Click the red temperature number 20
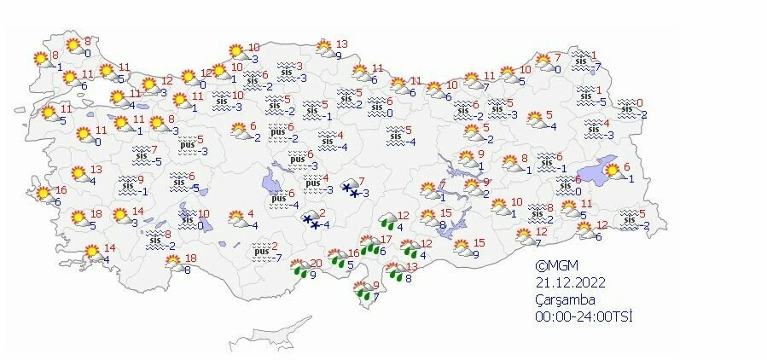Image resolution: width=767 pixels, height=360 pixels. click(x=317, y=263)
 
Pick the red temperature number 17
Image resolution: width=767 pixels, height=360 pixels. click(x=386, y=240)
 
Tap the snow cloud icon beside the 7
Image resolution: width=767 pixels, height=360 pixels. click(x=350, y=188)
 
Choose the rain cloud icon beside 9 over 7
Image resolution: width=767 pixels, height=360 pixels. click(x=362, y=292)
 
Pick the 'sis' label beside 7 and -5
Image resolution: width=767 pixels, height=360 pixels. click(x=142, y=155)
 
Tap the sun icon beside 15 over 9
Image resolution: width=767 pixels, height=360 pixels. click(x=462, y=247)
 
